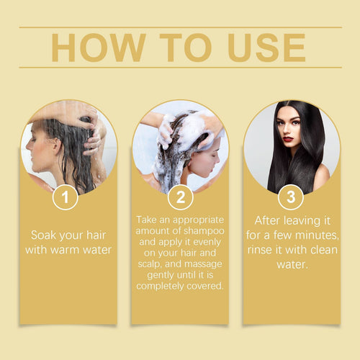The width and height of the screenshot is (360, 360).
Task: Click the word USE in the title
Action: tap(267, 47)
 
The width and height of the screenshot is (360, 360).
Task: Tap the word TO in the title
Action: tap(180, 47)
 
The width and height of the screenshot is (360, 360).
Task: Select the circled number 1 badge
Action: tap(66, 197)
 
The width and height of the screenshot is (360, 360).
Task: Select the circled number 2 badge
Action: tap(180, 197)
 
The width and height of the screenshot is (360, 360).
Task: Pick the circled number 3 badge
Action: tap(292, 197)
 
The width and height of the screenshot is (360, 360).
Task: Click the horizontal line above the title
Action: tap(180, 27)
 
